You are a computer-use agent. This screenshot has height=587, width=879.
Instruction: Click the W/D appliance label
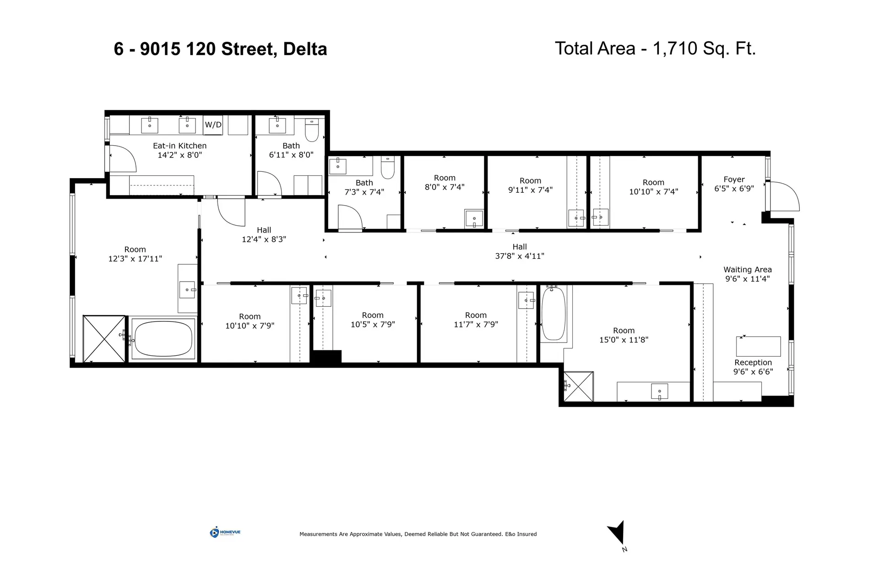click(x=213, y=125)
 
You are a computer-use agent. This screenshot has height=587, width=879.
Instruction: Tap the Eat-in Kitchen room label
click(x=179, y=146)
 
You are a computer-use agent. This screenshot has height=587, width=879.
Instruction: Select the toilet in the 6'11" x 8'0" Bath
click(x=312, y=130)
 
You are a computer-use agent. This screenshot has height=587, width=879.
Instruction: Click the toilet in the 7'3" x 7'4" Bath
click(x=387, y=168)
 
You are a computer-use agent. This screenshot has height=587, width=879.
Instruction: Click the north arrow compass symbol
click(x=618, y=533)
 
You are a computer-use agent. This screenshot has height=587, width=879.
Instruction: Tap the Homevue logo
click(x=225, y=532)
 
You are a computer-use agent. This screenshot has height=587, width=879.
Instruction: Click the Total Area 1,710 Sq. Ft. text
click(x=655, y=48)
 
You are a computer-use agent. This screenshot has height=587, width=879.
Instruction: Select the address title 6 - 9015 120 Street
click(x=220, y=49)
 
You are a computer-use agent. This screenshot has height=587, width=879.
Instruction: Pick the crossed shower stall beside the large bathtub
click(x=104, y=339)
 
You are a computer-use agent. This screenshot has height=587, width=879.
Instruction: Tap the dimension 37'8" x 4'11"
click(x=519, y=256)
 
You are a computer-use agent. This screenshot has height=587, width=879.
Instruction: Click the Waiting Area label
click(x=747, y=270)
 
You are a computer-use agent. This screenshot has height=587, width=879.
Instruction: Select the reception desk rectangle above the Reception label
click(x=758, y=346)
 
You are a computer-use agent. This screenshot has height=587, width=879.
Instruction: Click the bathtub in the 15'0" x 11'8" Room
click(x=553, y=313)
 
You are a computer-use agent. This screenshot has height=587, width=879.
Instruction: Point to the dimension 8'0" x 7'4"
click(x=444, y=187)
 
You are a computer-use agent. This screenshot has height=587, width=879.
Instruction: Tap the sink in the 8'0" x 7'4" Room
click(x=474, y=218)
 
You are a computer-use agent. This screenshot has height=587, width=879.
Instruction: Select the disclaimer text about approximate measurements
click(x=418, y=534)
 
